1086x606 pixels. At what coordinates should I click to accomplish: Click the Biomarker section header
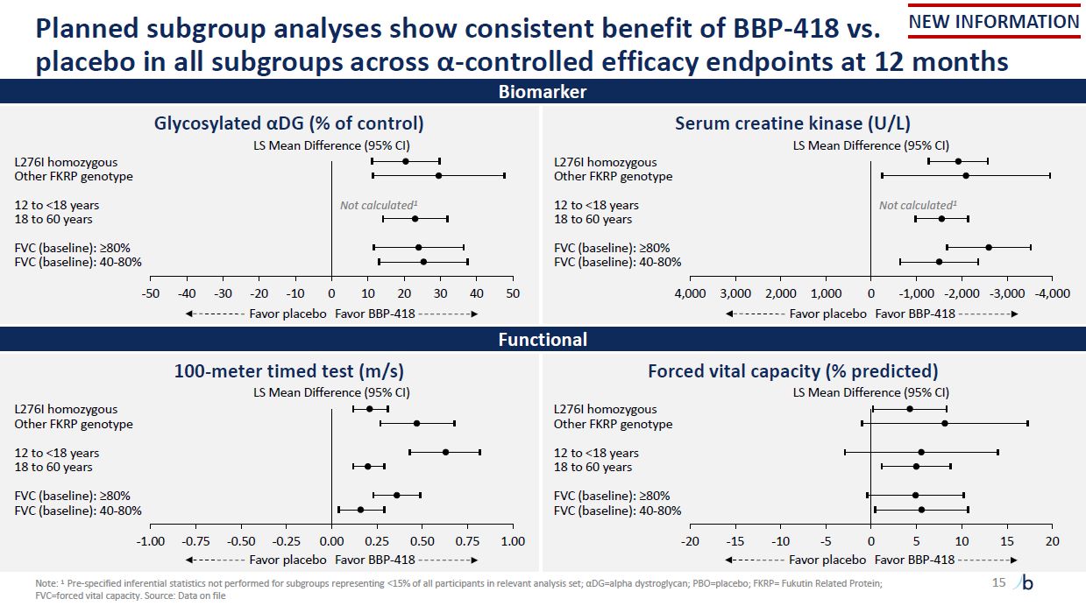(x=543, y=91)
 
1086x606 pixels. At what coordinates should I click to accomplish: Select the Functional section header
(x=543, y=339)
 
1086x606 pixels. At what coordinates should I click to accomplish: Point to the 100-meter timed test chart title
(x=289, y=371)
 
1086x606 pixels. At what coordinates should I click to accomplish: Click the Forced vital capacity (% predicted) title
(x=792, y=371)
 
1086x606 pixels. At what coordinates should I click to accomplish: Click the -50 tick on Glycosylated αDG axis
(x=151, y=293)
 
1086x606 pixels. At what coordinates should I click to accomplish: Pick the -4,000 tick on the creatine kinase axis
(x=1051, y=293)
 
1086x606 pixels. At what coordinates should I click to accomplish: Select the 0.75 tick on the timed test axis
(x=467, y=541)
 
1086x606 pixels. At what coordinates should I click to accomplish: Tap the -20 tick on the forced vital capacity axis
(x=689, y=541)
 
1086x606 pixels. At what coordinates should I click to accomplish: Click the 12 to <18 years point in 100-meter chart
(x=445, y=452)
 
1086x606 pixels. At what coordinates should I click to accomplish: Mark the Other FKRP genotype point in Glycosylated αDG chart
(x=438, y=176)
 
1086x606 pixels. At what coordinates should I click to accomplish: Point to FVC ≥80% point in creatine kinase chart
(x=989, y=247)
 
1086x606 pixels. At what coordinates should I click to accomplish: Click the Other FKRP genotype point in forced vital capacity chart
(x=944, y=424)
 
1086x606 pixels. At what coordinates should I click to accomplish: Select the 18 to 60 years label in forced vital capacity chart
(x=593, y=467)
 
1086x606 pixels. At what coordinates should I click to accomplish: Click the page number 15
(x=998, y=582)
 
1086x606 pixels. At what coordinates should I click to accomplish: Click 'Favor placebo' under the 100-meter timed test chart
(x=287, y=560)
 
